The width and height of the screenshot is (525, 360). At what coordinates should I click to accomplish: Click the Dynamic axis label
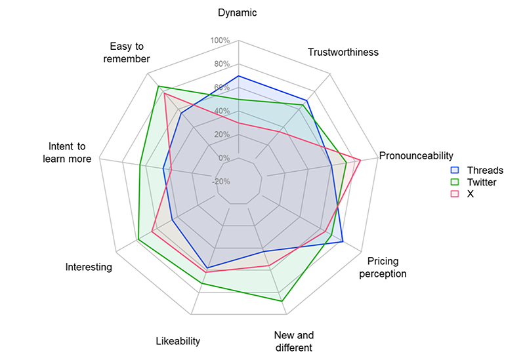(x=238, y=12)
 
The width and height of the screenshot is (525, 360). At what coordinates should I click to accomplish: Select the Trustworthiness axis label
(x=343, y=52)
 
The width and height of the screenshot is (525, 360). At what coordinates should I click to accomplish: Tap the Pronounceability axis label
(x=416, y=155)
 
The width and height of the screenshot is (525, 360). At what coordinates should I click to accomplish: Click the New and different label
(x=293, y=342)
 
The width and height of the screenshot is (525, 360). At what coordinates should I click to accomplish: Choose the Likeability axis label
(x=178, y=341)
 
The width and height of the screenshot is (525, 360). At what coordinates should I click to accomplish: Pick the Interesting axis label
(x=89, y=267)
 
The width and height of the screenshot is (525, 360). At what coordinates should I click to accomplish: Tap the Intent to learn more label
(x=67, y=152)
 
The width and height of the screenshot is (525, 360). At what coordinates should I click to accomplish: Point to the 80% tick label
(x=221, y=64)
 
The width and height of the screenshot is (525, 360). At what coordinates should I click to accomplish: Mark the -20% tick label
(x=221, y=182)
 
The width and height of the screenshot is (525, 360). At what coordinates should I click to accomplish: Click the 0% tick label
(x=224, y=158)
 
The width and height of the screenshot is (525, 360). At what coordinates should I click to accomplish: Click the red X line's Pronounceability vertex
(x=360, y=159)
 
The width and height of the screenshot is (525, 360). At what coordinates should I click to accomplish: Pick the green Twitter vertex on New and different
(x=282, y=301)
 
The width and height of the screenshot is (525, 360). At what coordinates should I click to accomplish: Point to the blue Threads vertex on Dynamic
(x=238, y=76)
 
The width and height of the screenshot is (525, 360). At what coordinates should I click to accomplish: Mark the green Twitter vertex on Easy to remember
(x=158, y=87)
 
